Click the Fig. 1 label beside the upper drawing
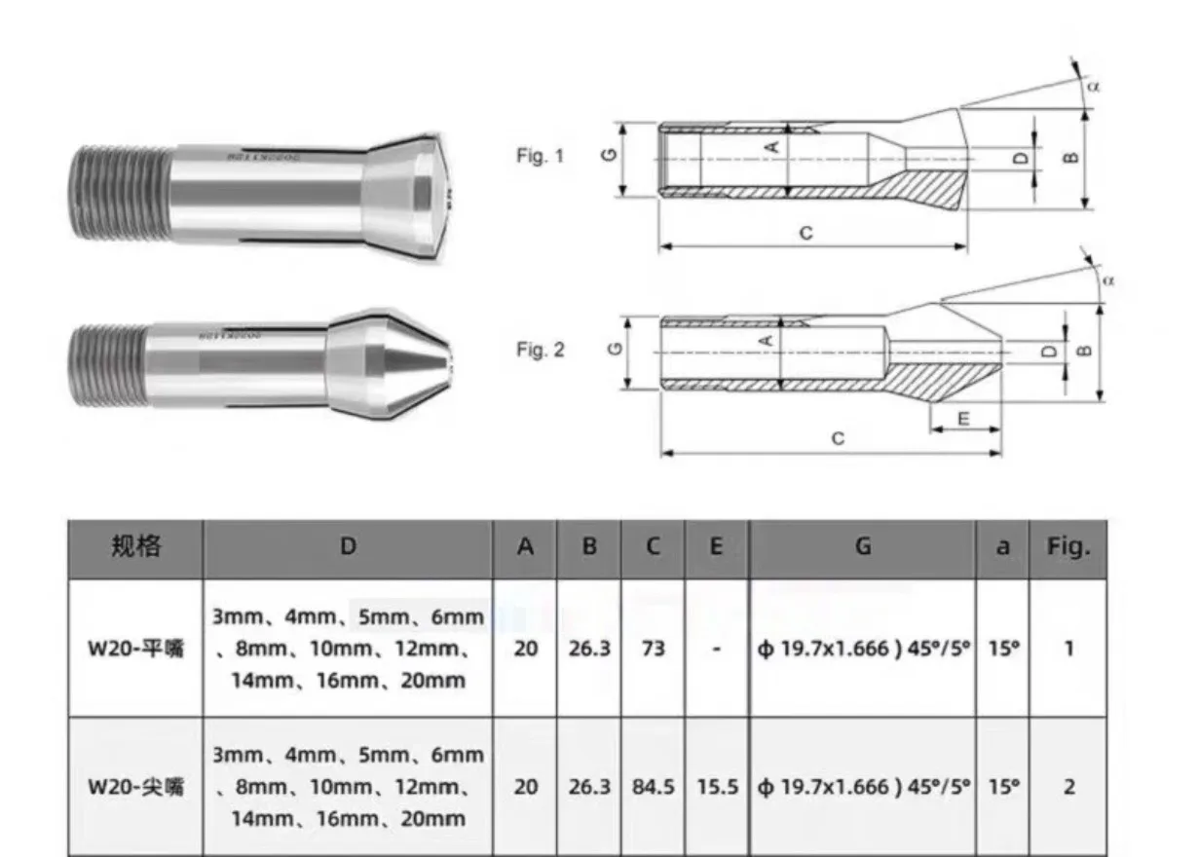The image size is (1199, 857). point(540,155)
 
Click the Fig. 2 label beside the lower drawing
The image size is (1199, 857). point(540,350)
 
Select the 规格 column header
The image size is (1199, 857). point(134,548)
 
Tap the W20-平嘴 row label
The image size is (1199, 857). point(134,649)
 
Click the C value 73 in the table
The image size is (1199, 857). point(653,649)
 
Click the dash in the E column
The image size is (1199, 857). point(717,649)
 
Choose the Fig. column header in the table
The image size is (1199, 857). point(1068,548)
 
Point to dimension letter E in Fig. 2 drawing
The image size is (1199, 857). point(963,418)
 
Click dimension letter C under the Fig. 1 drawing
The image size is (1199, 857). point(806,234)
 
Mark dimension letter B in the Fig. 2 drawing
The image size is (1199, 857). point(1087,350)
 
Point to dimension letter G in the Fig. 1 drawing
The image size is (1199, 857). point(609,155)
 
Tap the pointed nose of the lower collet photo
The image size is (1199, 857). point(443,369)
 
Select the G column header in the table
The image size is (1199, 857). point(862,548)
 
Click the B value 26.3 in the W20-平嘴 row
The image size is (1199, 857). point(588,649)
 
